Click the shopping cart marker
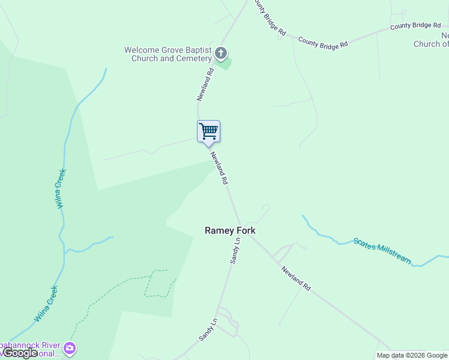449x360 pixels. (x=208, y=131)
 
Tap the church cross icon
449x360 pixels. (x=221, y=54)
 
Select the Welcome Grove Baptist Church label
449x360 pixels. (x=167, y=55)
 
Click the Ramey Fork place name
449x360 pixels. (x=230, y=230)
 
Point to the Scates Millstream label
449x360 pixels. (x=382, y=251)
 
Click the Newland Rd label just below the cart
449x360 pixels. (x=219, y=167)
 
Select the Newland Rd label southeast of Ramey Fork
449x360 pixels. (x=296, y=278)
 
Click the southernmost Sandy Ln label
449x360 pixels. (x=208, y=331)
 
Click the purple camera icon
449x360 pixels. (x=70, y=348)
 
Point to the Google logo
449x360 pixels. (x=20, y=353)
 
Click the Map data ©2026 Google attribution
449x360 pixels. (x=412, y=355)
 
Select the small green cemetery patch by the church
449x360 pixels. (x=224, y=63)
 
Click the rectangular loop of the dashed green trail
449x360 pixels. (x=158, y=283)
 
